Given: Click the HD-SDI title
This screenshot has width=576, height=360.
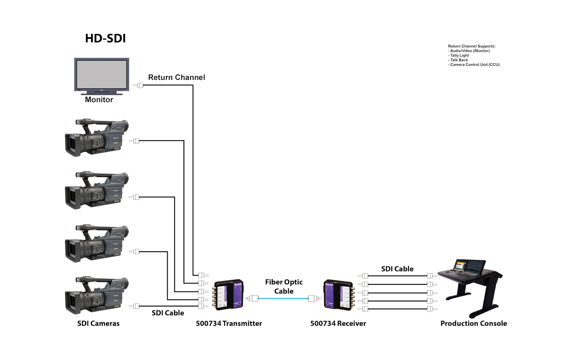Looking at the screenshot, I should coord(105,38).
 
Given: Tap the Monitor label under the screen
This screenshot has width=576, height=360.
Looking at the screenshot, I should coord(99,100).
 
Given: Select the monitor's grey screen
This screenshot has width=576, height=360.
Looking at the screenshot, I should coord(101,74).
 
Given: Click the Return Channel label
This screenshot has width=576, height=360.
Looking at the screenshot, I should coord(176,77).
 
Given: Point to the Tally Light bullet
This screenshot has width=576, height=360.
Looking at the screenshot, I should coord(459,56).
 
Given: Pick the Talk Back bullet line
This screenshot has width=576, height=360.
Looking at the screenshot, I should coord(458,60).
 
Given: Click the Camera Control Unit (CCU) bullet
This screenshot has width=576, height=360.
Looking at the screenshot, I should coord(474,65).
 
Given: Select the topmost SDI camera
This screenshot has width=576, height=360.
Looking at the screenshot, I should coord(97,138).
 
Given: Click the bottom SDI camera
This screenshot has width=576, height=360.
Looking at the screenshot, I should coord(97,296).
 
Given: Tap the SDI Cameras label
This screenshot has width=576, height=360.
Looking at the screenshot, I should coord(98,323).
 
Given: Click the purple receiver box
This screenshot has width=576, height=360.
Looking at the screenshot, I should coord(338,295).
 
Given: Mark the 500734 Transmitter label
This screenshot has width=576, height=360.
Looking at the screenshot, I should coord(229,323).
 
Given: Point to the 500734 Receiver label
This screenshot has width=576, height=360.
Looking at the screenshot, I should coord(338,323).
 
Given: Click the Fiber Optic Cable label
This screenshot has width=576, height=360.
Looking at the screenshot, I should coord(284,286).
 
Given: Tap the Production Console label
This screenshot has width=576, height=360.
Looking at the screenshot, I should coord(474,323).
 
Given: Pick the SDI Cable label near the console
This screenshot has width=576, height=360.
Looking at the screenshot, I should coord(397,269).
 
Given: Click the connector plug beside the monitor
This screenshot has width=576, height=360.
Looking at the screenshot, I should coord(138,86).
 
